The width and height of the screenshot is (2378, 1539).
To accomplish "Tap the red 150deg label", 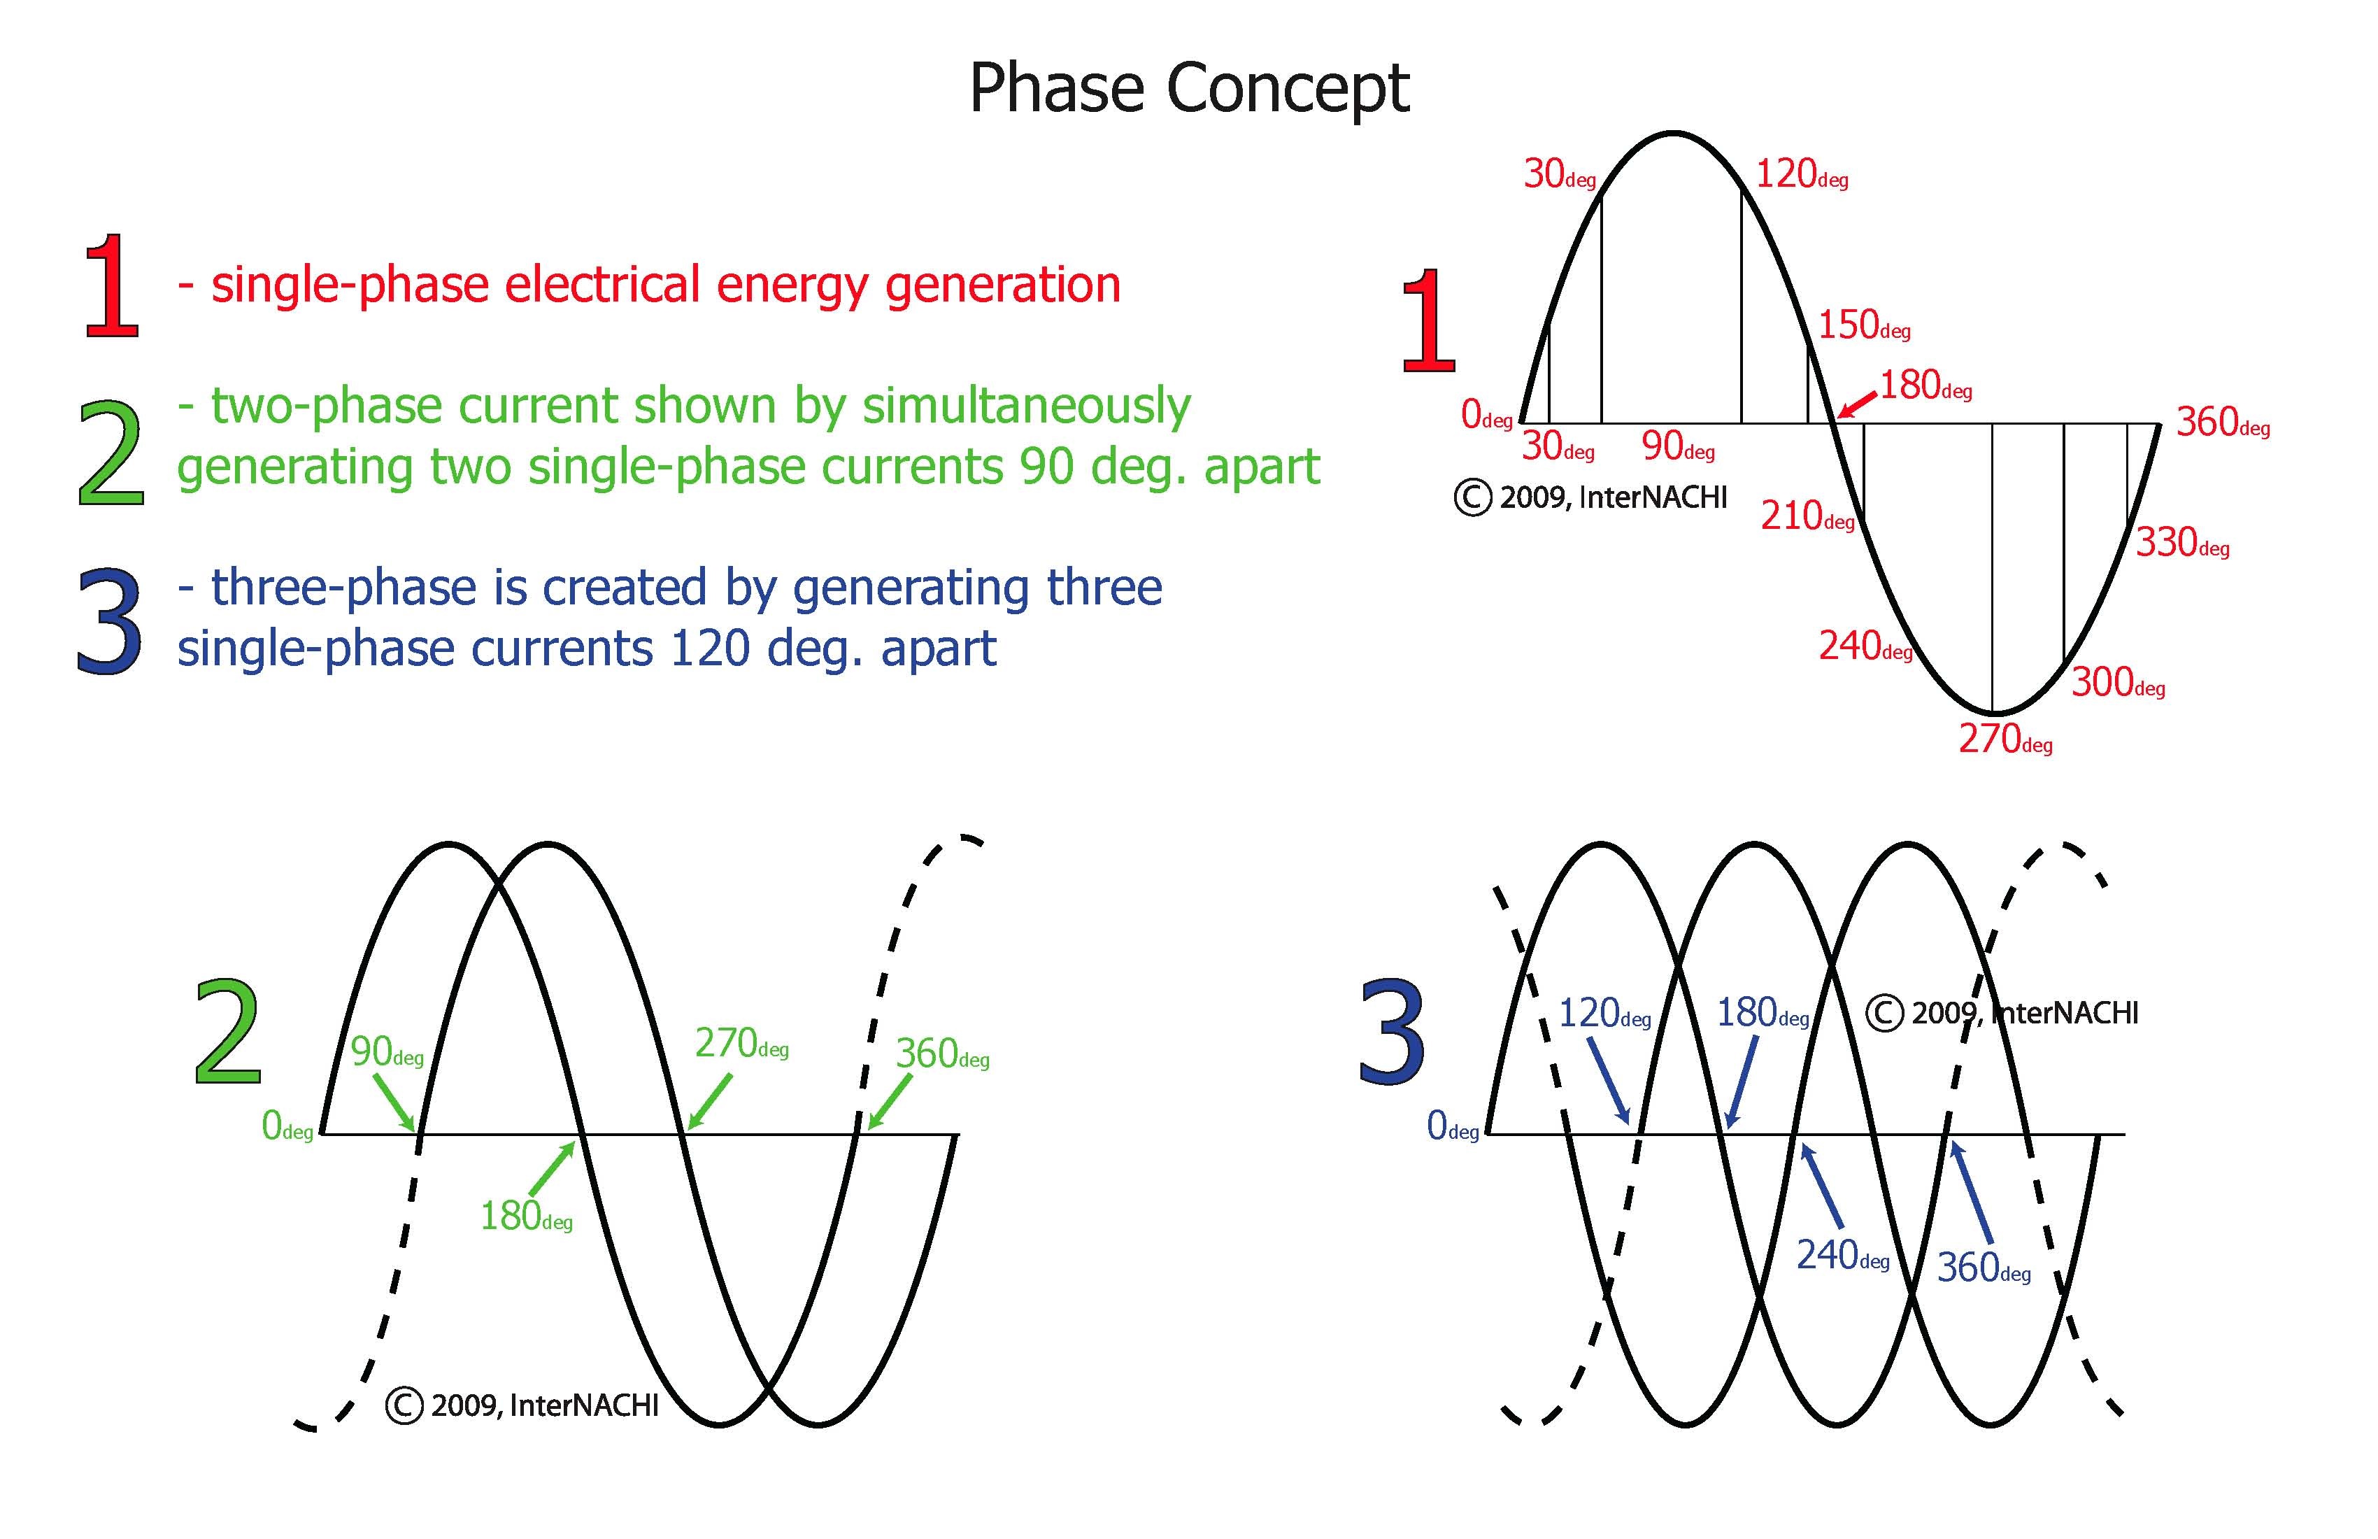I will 1863,326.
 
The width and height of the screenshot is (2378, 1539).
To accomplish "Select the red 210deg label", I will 1807,517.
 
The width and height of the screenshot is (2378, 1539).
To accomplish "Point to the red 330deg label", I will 2182,544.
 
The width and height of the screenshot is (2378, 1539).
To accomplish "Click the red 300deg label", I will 2117,683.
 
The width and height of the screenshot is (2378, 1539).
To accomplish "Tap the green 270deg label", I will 741,1044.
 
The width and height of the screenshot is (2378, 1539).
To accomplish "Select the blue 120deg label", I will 1604,1014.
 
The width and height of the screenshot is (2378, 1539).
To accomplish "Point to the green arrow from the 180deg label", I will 553,1168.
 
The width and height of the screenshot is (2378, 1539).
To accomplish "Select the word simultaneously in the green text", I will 1026,406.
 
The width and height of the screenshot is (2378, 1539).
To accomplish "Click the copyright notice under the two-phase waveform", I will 522,1406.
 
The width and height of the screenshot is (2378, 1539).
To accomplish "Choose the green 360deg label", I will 941,1054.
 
